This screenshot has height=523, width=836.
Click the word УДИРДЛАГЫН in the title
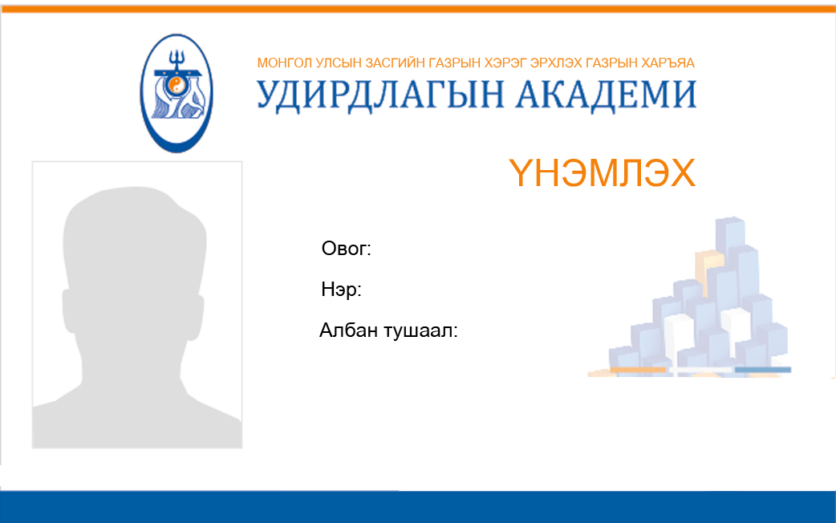(380, 96)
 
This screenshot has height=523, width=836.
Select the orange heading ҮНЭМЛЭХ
(602, 172)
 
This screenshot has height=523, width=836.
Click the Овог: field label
(346, 249)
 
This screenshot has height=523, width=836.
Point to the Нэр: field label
(341, 290)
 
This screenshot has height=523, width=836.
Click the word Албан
(349, 330)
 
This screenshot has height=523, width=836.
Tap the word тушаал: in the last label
(421, 331)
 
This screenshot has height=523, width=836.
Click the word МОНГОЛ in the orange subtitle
(284, 63)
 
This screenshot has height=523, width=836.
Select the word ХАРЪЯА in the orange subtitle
(668, 63)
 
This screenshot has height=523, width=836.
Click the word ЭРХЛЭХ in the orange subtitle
(555, 63)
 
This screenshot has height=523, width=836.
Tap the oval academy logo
(177, 93)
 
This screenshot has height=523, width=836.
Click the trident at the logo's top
(176, 60)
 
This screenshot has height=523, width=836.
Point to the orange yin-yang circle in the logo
(176, 85)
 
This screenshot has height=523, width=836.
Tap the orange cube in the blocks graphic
(708, 270)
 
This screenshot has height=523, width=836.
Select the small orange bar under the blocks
(638, 370)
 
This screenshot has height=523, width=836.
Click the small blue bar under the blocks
(763, 370)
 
